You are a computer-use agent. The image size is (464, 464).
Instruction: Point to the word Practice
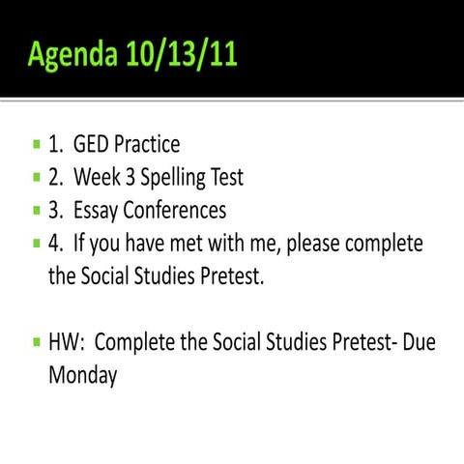click(146, 145)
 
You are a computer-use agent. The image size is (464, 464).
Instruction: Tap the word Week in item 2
click(95, 178)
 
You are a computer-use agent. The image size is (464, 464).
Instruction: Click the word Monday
click(82, 375)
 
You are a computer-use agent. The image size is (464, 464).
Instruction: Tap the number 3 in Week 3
click(124, 178)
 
